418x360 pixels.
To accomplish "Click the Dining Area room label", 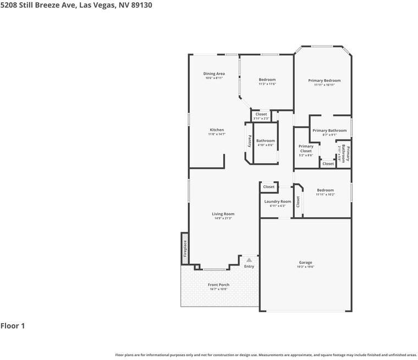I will (x=214, y=74).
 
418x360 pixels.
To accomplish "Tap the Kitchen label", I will (x=217, y=130).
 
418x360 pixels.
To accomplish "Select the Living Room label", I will (x=223, y=214).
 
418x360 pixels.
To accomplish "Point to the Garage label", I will (x=305, y=263).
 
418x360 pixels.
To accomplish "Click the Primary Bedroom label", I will (x=324, y=81).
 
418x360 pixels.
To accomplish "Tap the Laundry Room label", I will (x=278, y=202).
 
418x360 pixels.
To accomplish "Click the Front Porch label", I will (x=218, y=285).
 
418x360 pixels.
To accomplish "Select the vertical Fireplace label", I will (x=185, y=248).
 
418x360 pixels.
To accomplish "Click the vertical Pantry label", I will (x=249, y=141).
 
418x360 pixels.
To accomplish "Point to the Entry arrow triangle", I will (x=249, y=260).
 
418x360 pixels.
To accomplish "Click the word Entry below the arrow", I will (x=249, y=267).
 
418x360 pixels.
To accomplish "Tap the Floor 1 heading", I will (x=13, y=326).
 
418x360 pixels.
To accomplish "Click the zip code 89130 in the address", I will (x=140, y=5).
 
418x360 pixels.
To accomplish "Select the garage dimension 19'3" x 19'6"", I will (x=305, y=267).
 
